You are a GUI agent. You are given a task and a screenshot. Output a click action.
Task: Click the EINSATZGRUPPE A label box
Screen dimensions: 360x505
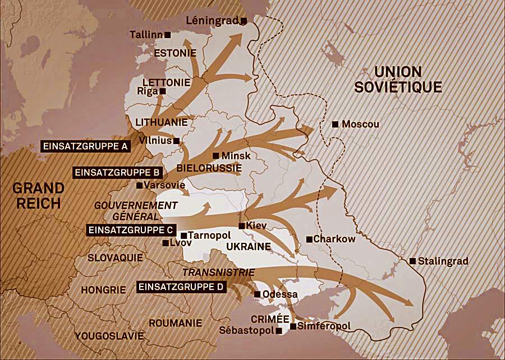pyautogui.click(x=86, y=146)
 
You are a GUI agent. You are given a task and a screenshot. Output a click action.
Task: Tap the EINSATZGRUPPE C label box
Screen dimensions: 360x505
pyautogui.click(x=131, y=230)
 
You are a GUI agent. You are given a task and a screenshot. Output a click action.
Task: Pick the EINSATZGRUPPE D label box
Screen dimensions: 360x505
pyautogui.click(x=181, y=287)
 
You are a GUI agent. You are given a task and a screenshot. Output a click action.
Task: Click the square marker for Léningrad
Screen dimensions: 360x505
pyautogui.click(x=244, y=21)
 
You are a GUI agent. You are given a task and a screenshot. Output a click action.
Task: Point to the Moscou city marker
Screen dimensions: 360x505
pyautogui.click(x=335, y=124)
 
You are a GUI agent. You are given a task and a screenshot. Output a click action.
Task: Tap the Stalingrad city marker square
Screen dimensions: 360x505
pyautogui.click(x=413, y=261)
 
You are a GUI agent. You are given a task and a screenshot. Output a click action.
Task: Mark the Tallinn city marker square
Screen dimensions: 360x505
pyautogui.click(x=168, y=35)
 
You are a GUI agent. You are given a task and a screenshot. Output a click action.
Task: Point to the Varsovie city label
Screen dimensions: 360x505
pyautogui.click(x=160, y=185)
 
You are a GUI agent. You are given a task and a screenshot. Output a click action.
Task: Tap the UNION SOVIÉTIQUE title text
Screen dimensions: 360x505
pyautogui.click(x=398, y=79)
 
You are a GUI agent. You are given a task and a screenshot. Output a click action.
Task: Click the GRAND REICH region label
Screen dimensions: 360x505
pyautogui.click(x=38, y=195)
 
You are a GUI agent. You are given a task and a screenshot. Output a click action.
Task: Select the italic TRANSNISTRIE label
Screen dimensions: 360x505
pyautogui.click(x=219, y=273)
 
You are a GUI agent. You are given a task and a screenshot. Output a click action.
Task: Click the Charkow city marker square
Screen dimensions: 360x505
pyautogui.click(x=309, y=239)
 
